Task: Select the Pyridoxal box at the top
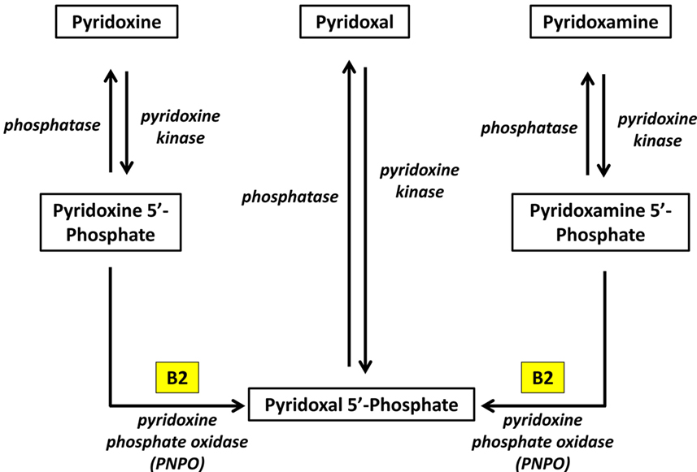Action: tap(355, 23)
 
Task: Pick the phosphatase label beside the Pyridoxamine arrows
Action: tap(529, 128)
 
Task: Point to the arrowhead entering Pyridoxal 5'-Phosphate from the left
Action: tap(242, 403)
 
